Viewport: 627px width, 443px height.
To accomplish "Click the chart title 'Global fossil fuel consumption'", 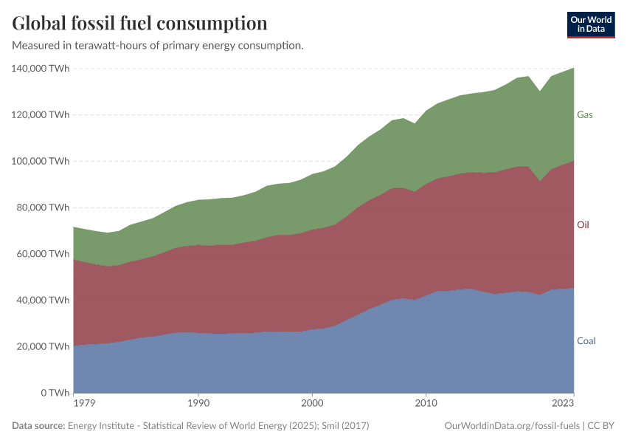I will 139,24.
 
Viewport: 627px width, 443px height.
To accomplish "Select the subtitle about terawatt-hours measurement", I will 158,46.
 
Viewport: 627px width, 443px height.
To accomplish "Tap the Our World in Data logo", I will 590,24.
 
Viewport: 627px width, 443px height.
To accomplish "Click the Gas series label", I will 585,114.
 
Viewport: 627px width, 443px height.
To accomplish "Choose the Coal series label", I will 586,341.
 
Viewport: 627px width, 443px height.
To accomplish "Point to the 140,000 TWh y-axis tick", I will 41,69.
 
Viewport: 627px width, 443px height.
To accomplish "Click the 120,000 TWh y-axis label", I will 41,115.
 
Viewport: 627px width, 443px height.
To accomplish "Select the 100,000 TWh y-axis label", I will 41,161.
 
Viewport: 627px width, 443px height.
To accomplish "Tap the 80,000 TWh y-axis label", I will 43,207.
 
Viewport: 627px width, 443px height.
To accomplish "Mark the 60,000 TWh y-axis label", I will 43,254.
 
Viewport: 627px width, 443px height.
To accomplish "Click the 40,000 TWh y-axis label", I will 43,301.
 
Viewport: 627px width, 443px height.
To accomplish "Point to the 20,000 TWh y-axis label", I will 43,346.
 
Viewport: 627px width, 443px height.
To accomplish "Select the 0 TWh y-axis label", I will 55,393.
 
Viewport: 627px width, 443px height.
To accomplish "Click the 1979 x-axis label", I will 83,404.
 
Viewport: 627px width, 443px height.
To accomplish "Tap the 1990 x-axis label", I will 198,404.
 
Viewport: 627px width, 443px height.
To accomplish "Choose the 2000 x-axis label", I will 313,404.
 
